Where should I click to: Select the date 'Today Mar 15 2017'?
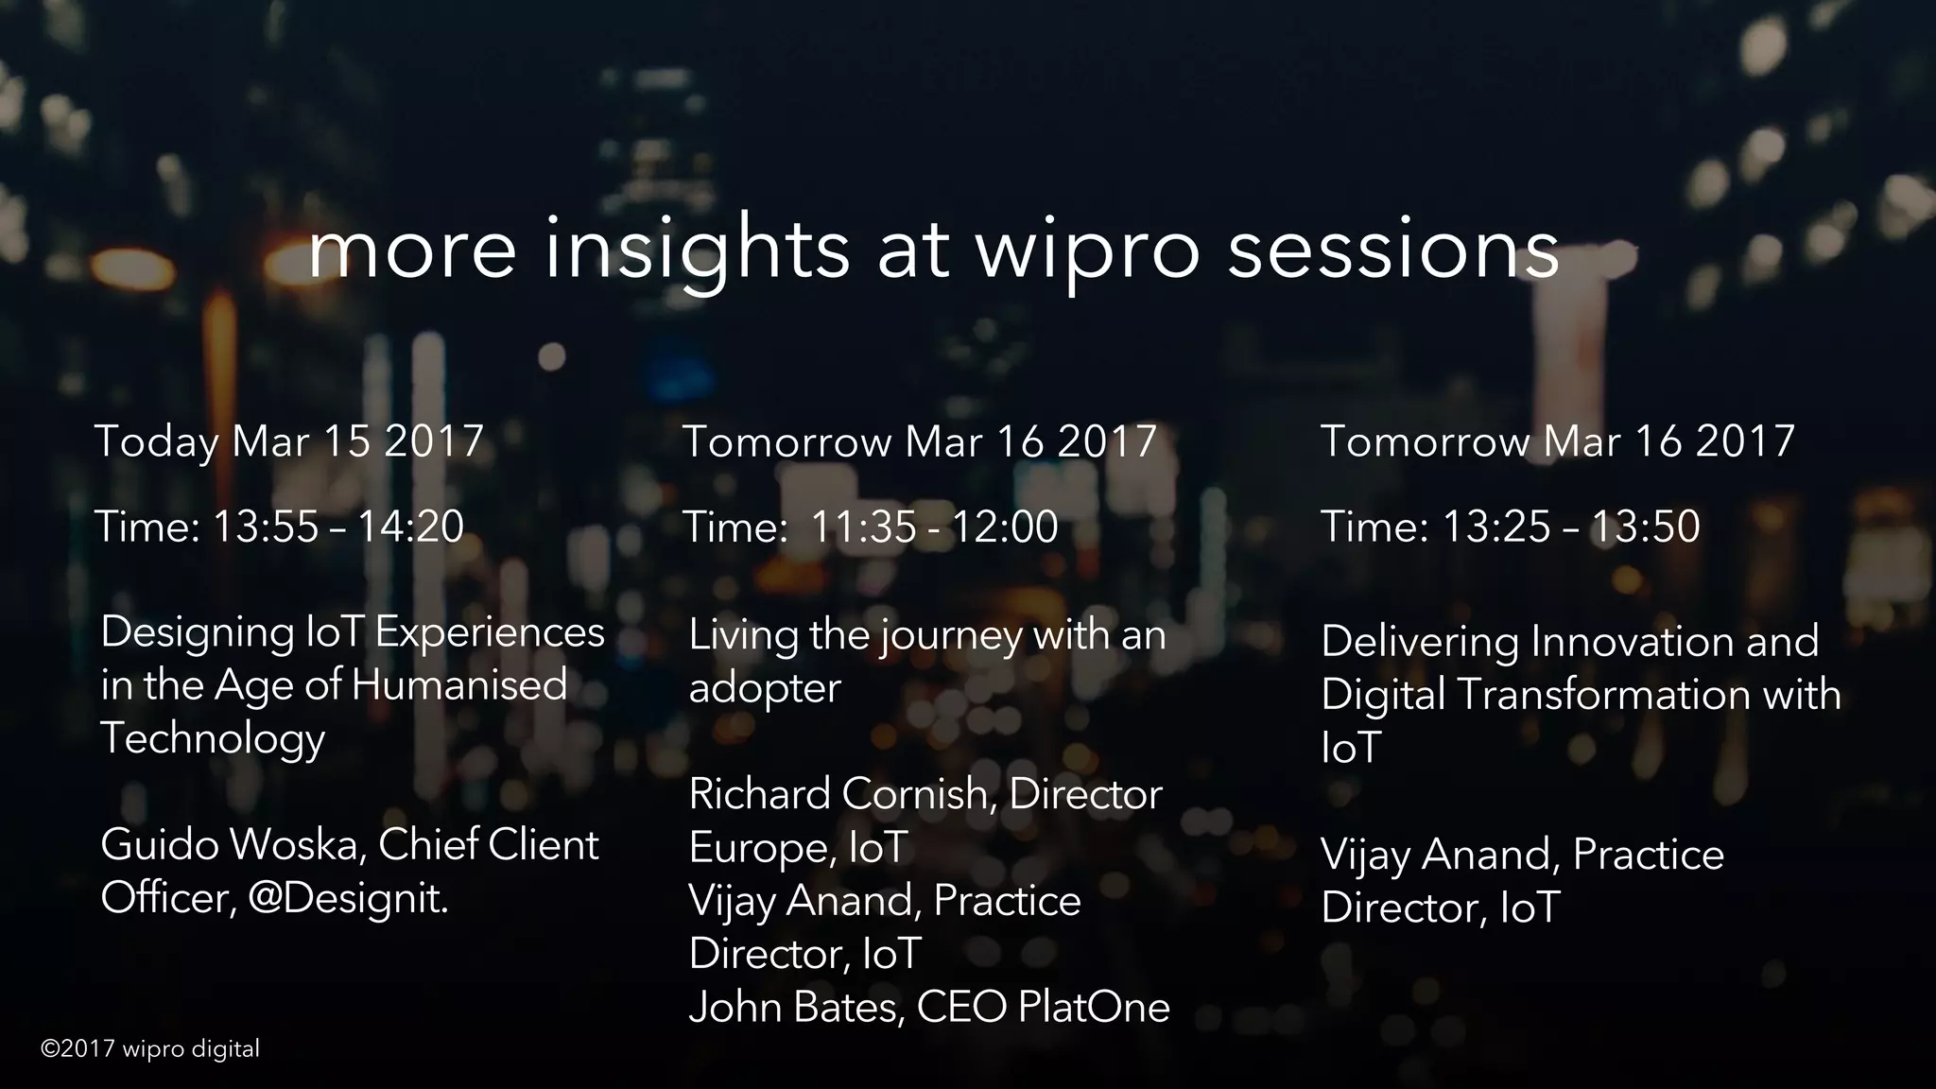(289, 441)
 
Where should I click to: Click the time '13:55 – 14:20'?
(338, 527)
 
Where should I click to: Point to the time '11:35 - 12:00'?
(934, 527)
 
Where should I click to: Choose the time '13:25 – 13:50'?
(1570, 527)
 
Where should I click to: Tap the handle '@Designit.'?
(348, 898)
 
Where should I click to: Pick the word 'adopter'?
(765, 688)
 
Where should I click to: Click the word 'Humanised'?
(459, 684)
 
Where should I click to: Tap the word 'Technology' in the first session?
(213, 738)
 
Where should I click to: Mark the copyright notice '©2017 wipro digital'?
(150, 1048)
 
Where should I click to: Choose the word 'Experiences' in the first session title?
(490, 631)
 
